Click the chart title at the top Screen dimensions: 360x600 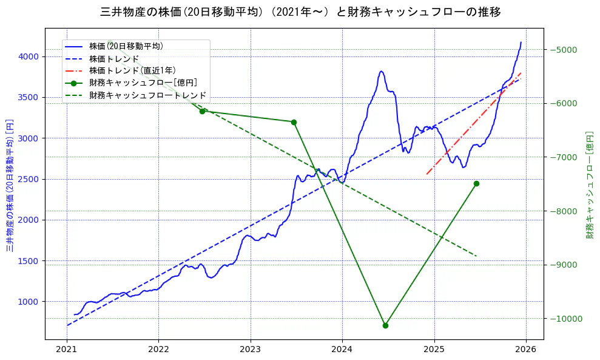tap(300, 12)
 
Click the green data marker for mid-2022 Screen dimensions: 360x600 tap(202, 111)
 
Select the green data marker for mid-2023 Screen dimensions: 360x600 tap(294, 122)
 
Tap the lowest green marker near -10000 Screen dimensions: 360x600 tap(385, 325)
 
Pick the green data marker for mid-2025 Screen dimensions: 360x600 tap(476, 183)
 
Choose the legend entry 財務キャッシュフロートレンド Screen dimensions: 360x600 tap(148, 95)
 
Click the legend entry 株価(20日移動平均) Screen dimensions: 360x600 tap(126, 46)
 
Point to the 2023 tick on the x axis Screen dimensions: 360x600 tap(251, 350)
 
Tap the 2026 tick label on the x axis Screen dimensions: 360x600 tap(526, 350)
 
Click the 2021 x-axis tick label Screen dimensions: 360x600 tap(67, 350)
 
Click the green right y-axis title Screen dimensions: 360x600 tap(590, 185)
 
